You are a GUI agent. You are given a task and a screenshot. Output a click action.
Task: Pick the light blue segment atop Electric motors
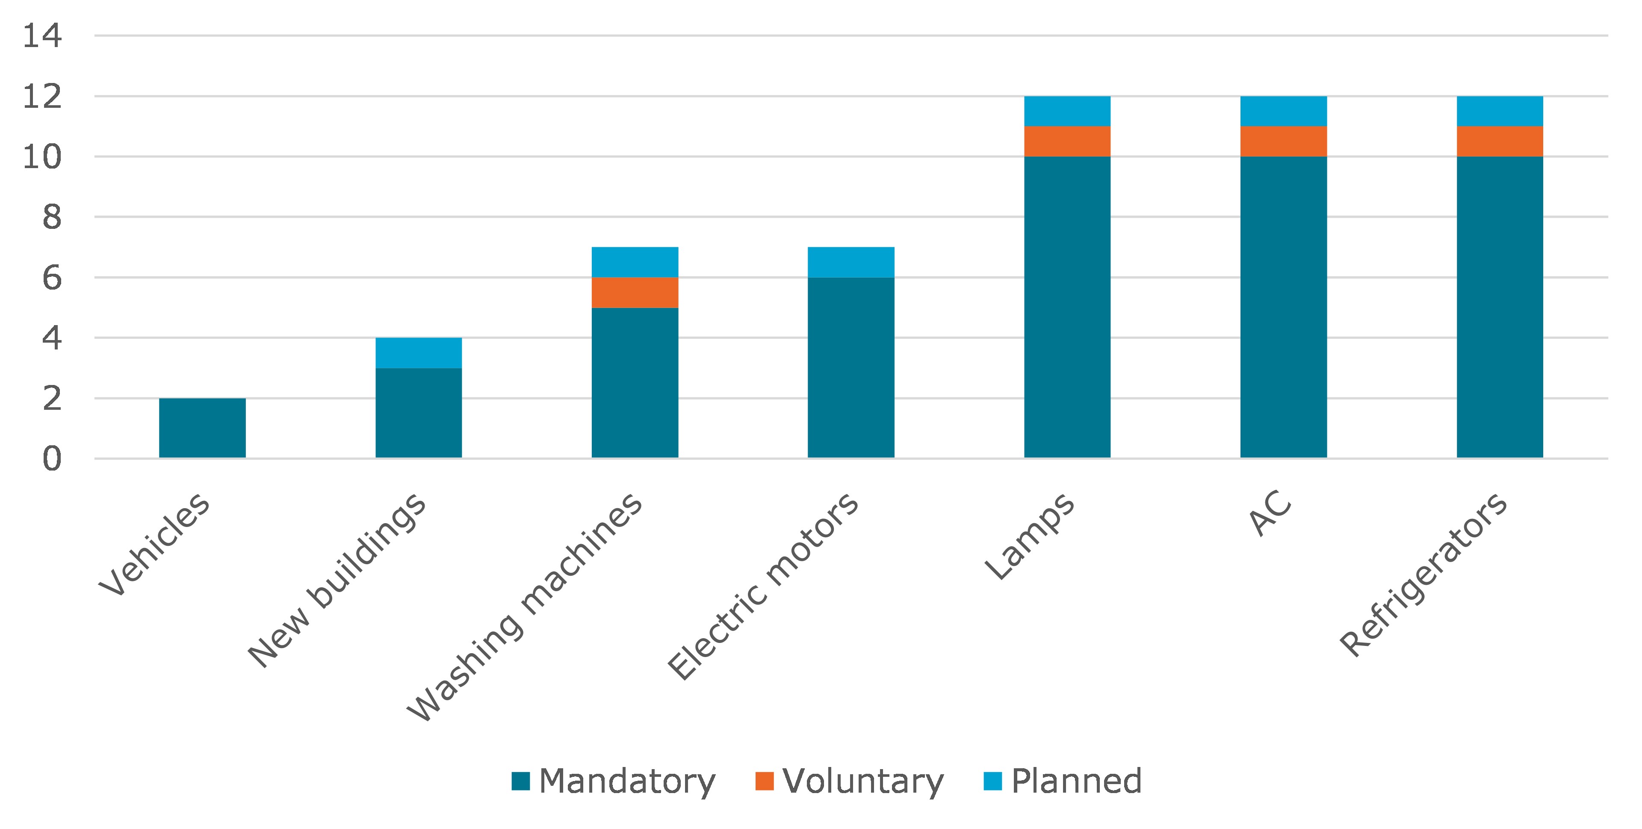(851, 262)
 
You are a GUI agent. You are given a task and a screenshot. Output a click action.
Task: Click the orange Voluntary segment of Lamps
(1066, 142)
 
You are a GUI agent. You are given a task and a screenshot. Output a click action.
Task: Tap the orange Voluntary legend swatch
(764, 781)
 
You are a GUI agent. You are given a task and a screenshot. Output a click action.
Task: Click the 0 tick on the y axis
(52, 459)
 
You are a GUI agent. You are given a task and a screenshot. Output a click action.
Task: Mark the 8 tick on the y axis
(52, 217)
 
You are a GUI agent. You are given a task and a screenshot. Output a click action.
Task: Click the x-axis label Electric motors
(763, 586)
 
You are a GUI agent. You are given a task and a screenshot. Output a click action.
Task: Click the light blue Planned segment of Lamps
(1066, 112)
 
